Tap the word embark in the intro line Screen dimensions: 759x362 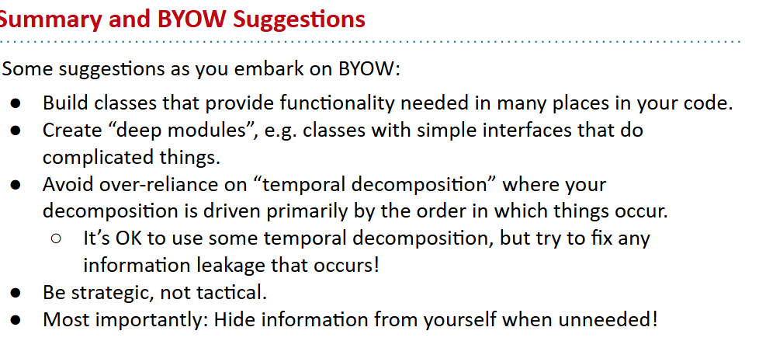coord(265,69)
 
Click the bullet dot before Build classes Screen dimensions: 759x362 coord(16,103)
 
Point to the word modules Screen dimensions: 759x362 coord(215,131)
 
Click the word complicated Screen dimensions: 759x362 coord(98,158)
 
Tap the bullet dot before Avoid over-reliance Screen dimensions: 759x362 coord(16,185)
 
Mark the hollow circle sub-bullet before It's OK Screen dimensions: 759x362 coord(56,239)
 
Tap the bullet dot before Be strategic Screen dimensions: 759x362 coord(16,293)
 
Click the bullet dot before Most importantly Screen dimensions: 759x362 coord(16,320)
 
